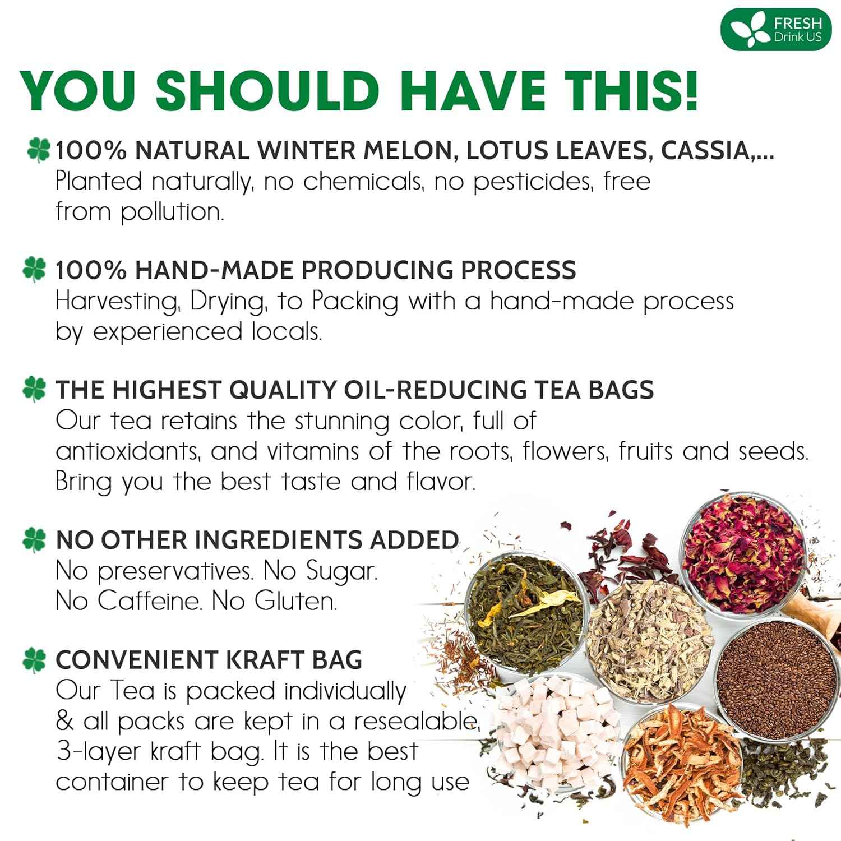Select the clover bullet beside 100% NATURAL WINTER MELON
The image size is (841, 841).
tap(37, 151)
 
